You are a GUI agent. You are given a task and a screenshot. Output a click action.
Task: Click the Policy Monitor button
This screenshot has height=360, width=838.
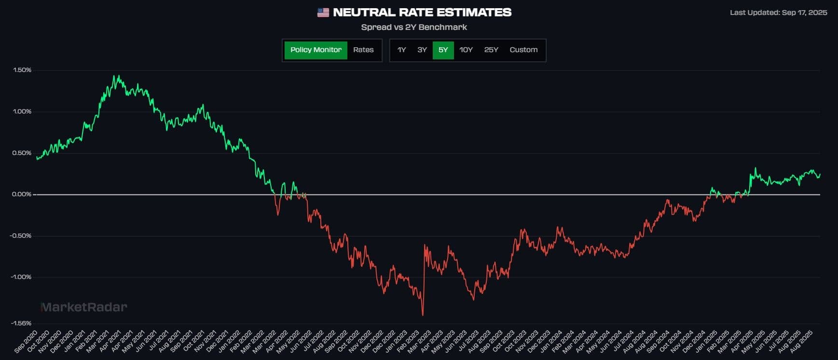pyautogui.click(x=316, y=50)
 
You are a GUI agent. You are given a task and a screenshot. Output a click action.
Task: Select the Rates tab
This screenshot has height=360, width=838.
pyautogui.click(x=363, y=50)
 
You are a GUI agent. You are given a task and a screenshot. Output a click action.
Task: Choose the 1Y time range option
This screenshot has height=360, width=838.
pyautogui.click(x=401, y=50)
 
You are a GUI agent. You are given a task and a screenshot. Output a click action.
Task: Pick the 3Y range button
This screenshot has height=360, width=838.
pyautogui.click(x=422, y=50)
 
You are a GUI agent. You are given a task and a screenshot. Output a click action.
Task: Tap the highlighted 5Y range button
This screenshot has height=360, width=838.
pyautogui.click(x=443, y=50)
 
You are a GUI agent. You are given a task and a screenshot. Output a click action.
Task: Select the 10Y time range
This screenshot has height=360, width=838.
pyautogui.click(x=466, y=50)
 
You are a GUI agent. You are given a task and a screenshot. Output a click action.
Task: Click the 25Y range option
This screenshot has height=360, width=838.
pyautogui.click(x=491, y=50)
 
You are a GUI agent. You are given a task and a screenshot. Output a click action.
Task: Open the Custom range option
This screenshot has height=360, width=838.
pyautogui.click(x=523, y=50)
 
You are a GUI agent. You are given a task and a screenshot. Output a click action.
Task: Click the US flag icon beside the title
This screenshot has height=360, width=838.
pyautogui.click(x=323, y=13)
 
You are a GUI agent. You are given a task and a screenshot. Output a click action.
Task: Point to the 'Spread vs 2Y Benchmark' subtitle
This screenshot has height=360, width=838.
pyautogui.click(x=414, y=28)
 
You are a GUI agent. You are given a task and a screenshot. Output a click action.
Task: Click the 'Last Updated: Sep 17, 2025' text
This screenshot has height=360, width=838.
pyautogui.click(x=778, y=13)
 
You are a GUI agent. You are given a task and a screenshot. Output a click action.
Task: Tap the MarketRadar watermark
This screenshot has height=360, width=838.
pyautogui.click(x=84, y=307)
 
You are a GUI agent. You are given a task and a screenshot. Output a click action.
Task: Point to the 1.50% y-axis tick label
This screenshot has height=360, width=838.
pyautogui.click(x=22, y=70)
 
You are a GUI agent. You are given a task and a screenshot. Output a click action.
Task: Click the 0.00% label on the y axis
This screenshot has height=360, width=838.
pyautogui.click(x=22, y=194)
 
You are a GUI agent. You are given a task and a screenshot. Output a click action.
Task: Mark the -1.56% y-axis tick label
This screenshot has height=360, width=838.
pyautogui.click(x=21, y=323)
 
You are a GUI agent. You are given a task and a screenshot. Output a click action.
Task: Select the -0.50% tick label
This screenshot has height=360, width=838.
pyautogui.click(x=21, y=236)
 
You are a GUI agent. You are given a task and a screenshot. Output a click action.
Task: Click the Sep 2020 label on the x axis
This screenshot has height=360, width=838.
pyautogui.click(x=26, y=342)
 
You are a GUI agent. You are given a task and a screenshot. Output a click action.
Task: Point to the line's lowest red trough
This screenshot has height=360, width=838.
pyautogui.click(x=423, y=315)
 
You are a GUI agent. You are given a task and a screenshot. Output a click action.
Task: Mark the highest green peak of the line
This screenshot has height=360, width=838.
pyautogui.click(x=117, y=76)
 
